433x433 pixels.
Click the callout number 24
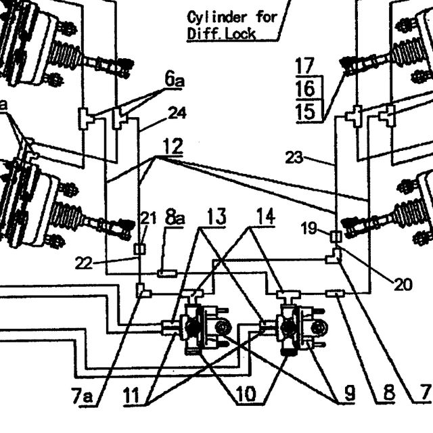point(177,113)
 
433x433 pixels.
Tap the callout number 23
point(294,158)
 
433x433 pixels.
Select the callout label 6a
point(175,80)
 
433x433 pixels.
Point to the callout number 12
point(173,146)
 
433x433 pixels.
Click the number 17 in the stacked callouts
point(305,66)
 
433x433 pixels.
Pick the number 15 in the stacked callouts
point(305,112)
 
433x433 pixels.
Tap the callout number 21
point(148,218)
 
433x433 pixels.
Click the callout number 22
point(83,263)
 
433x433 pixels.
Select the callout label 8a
point(175,218)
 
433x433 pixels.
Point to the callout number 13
point(216,216)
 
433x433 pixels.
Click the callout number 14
point(266,216)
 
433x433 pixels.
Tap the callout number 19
point(309,229)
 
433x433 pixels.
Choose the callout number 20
point(403,284)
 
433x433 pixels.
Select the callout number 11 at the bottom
point(131,396)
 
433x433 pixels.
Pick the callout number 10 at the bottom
point(246,394)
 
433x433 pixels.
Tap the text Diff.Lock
point(221,35)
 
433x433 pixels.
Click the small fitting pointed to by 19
point(336,237)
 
